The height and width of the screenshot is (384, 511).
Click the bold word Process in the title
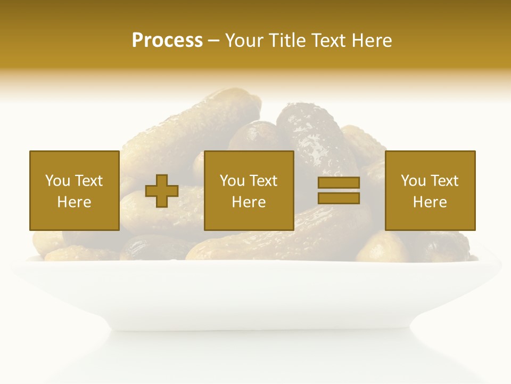tap(167, 41)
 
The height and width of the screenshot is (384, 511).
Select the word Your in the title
tap(245, 41)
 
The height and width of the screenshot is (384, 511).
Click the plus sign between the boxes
tap(162, 191)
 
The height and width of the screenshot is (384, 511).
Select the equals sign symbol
tap(339, 190)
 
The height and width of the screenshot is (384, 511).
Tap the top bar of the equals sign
tap(339, 183)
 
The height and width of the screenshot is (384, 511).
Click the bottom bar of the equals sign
tap(339, 198)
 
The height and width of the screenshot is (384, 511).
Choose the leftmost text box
tap(74, 190)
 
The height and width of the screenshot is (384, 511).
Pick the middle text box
tap(249, 190)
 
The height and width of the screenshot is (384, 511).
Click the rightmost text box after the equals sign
tap(430, 190)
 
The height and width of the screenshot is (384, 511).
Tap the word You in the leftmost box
tap(57, 181)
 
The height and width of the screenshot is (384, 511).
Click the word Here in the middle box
tap(249, 202)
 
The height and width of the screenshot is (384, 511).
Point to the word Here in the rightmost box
tap(430, 202)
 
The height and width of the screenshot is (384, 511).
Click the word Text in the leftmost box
tap(88, 181)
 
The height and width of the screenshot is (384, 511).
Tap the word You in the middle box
tap(232, 181)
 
